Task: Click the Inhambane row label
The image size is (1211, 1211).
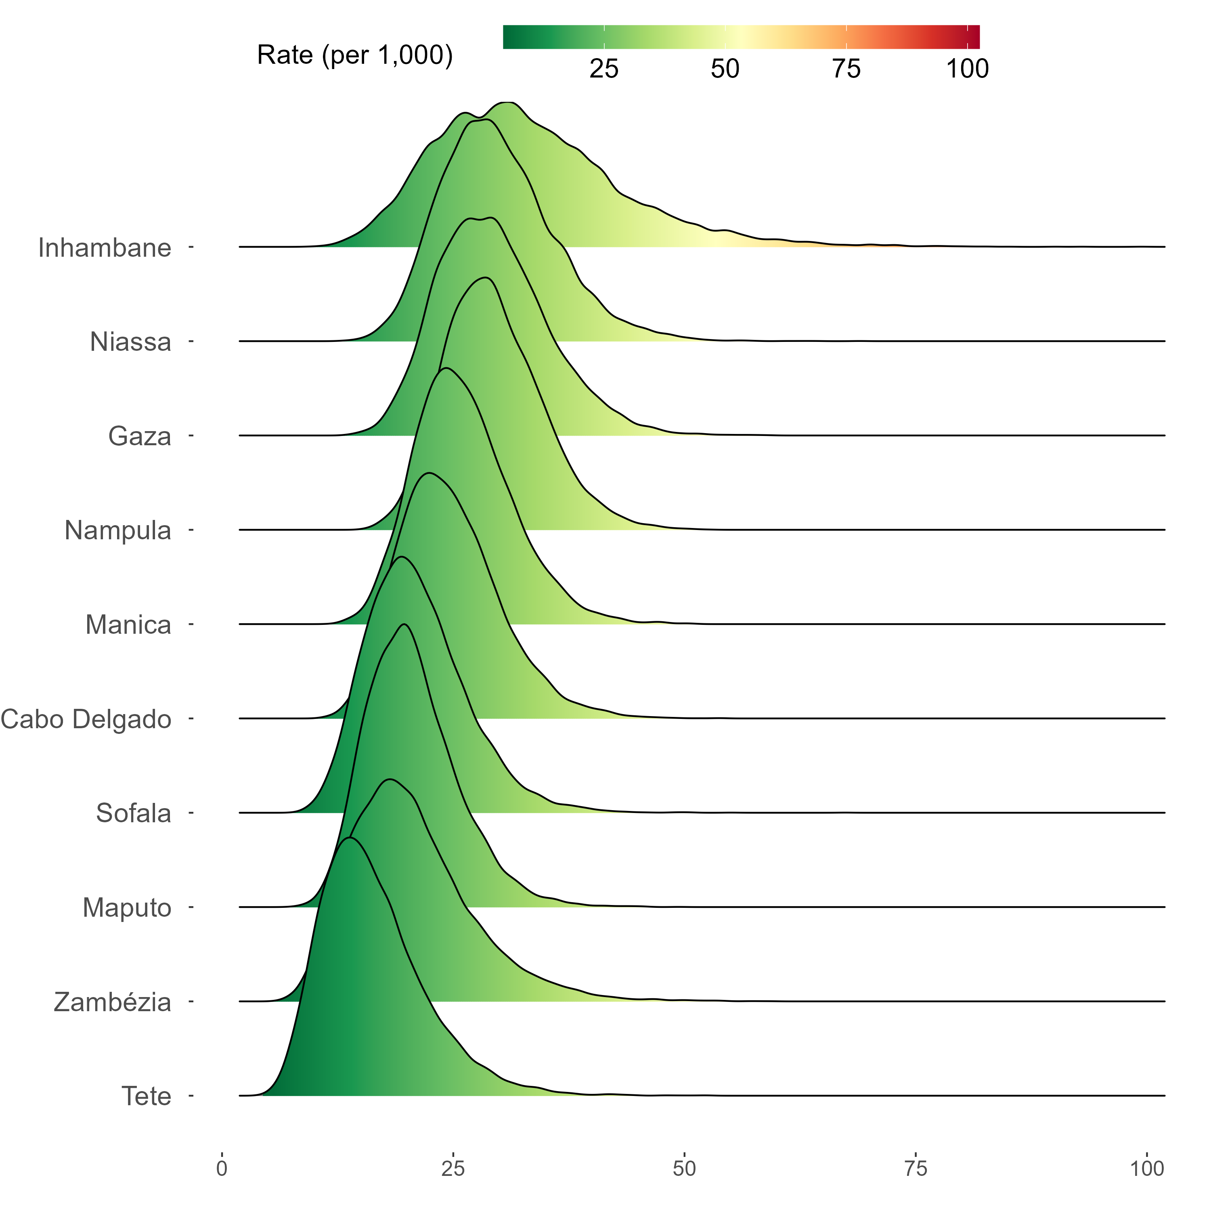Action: tap(105, 248)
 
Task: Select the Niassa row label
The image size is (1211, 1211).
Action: tap(130, 342)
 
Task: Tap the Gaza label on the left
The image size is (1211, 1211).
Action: tap(140, 436)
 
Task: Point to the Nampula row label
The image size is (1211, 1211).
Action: tap(118, 531)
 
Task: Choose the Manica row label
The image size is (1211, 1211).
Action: tap(128, 625)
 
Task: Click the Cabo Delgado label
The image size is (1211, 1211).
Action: tap(86, 720)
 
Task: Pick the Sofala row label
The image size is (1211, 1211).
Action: tap(134, 814)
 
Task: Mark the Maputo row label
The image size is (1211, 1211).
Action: tap(127, 908)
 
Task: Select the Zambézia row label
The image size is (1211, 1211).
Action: tap(113, 1002)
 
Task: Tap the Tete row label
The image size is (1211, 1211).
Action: tap(147, 1096)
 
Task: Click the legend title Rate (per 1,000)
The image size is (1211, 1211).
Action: tap(355, 55)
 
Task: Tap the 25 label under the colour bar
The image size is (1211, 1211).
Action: tap(603, 69)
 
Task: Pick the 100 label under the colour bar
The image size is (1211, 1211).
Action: tap(967, 69)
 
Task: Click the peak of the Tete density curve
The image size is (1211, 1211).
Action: tap(350, 838)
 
